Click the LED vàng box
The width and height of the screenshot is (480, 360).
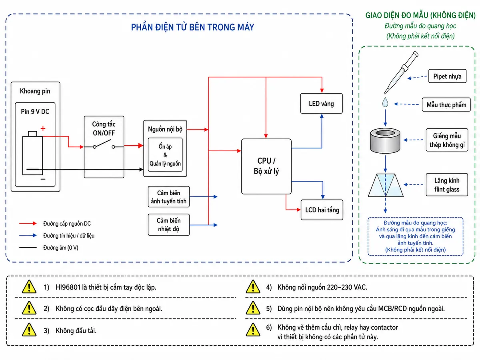click(321, 103)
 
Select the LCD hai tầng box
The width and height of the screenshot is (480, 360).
click(322, 210)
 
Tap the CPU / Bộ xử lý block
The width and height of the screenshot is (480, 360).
click(266, 166)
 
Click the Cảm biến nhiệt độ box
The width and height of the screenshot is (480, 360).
click(169, 225)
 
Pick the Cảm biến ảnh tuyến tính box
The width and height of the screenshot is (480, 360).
click(169, 197)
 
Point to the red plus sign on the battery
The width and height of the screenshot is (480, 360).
click(43, 128)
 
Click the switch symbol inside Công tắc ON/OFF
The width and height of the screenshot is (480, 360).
click(104, 144)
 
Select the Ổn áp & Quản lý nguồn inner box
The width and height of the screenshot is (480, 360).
click(165, 155)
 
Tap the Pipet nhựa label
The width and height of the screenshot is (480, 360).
click(447, 76)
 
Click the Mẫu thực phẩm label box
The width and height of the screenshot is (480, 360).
click(446, 105)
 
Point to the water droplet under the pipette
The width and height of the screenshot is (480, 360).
click(385, 102)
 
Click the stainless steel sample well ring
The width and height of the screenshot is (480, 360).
click(385, 141)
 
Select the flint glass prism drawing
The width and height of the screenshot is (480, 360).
click(385, 185)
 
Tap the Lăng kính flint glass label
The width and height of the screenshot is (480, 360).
click(447, 185)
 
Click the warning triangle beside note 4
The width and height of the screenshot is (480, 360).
click(253, 286)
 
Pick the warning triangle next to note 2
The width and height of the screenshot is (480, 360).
click(29, 308)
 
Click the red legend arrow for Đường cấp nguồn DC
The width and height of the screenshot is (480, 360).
click(28, 223)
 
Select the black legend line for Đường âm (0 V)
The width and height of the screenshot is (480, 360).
click(28, 248)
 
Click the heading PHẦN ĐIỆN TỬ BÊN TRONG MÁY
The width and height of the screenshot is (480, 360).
click(192, 27)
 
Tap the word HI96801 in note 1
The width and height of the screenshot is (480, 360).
click(68, 287)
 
